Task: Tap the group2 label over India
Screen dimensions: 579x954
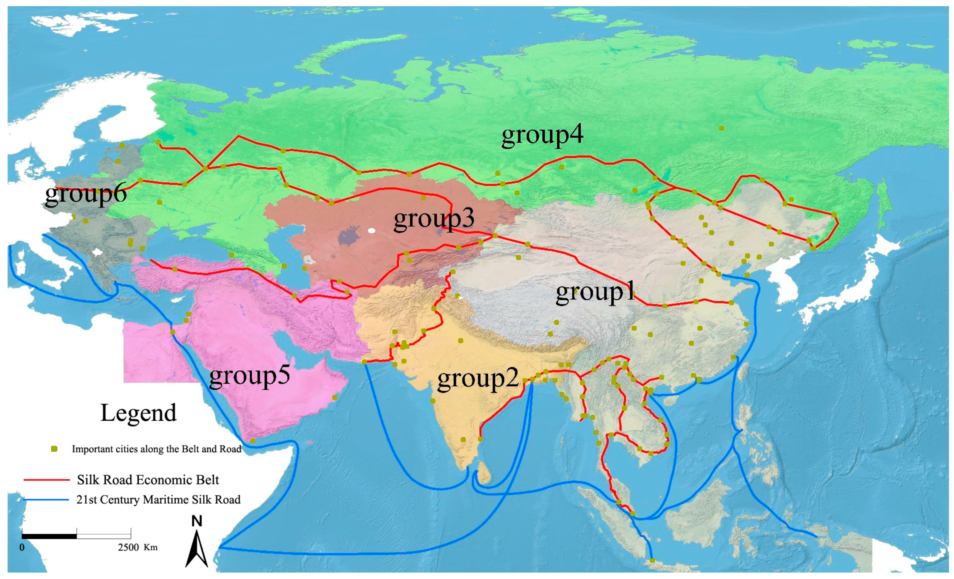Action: (478, 379)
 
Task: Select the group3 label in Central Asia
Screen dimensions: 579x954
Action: (434, 219)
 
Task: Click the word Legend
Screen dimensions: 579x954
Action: (138, 413)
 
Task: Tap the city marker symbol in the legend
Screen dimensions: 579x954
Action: (54, 449)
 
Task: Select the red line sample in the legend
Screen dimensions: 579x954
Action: (46, 480)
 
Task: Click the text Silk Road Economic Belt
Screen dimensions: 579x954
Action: (148, 480)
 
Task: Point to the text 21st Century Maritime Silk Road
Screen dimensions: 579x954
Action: (158, 500)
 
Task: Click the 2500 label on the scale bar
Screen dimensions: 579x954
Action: (128, 547)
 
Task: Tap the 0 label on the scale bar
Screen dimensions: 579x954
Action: (22, 547)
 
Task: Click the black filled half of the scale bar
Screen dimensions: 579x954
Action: (49, 536)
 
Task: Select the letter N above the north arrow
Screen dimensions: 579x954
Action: (197, 521)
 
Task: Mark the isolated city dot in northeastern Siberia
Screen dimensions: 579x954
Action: (721, 128)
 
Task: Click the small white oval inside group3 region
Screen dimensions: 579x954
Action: (372, 231)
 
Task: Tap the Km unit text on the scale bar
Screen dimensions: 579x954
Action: (151, 547)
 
